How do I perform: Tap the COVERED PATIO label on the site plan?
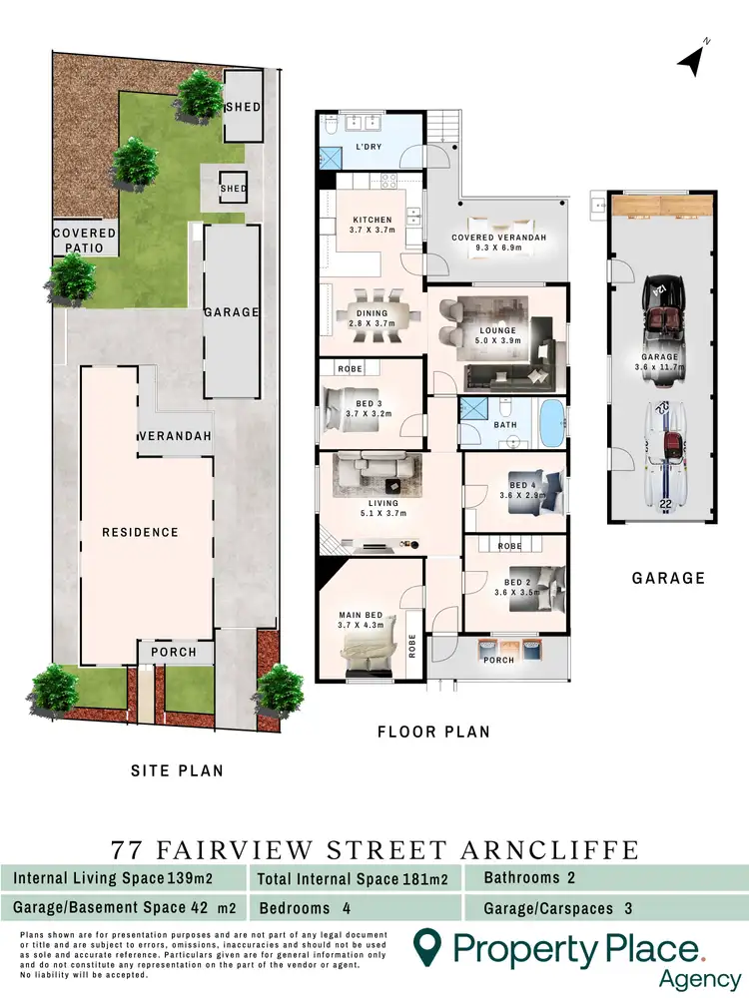point(84,241)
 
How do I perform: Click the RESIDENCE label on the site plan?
point(140,532)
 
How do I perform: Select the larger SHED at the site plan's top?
point(243,108)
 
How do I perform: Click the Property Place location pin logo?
point(427,945)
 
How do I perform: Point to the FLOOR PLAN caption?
point(433,732)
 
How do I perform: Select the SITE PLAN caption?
point(178,770)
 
